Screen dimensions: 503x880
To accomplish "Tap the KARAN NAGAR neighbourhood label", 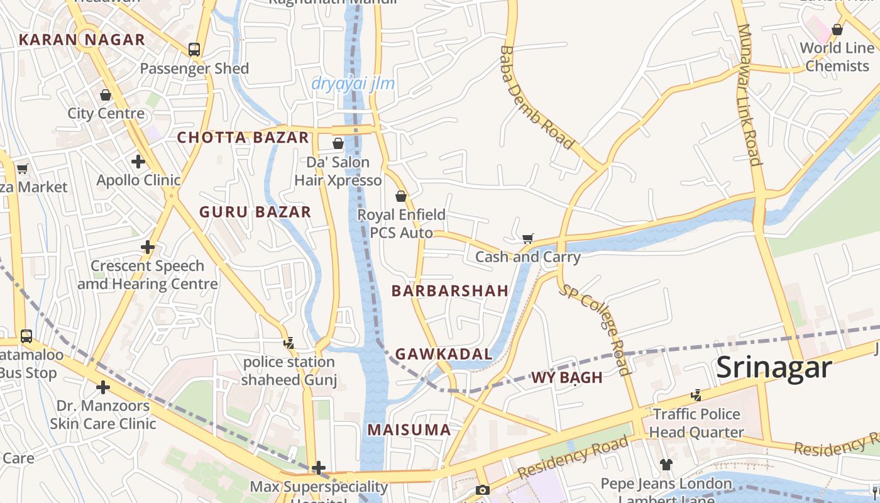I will tap(82, 40).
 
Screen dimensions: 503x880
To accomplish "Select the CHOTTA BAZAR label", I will tap(243, 138).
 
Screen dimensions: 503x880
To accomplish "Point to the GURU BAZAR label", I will tap(255, 212).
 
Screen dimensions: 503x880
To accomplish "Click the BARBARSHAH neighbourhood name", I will tap(450, 290).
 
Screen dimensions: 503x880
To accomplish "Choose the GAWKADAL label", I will tap(444, 354).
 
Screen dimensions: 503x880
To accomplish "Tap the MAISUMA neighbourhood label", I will tap(409, 430).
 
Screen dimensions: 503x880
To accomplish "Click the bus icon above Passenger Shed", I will tap(194, 50).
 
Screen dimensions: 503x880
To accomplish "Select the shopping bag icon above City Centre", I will tap(106, 95).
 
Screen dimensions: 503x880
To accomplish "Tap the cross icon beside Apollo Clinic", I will tap(138, 162).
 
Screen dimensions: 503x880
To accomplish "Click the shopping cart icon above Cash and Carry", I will tap(528, 238).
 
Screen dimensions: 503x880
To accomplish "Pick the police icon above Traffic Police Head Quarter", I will tap(696, 395).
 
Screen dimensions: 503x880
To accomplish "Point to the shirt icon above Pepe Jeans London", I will tap(666, 465).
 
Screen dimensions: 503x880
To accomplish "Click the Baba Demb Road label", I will tap(537, 97).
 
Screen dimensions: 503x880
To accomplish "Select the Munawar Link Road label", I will tap(749, 94).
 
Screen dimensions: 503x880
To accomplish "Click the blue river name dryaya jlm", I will tap(353, 84).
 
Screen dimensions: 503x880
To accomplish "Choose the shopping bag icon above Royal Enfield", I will tap(401, 196).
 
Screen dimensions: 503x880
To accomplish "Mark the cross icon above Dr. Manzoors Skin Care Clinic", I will tap(103, 387).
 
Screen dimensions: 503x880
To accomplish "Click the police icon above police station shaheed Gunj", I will tap(289, 343).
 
